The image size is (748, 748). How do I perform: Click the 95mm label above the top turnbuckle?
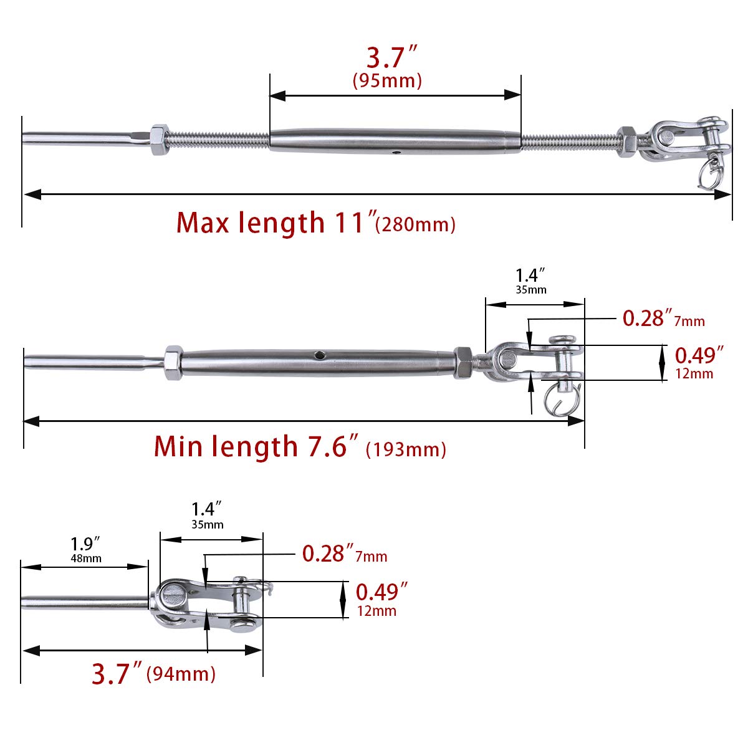click(x=387, y=81)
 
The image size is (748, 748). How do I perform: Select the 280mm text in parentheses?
click(x=416, y=224)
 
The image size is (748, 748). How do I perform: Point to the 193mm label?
click(x=406, y=449)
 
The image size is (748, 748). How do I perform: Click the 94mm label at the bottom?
click(x=181, y=674)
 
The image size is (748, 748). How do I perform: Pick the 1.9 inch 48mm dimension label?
click(x=86, y=549)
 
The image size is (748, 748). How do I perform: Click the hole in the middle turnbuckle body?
click(x=319, y=355)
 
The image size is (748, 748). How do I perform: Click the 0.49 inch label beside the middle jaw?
click(x=699, y=355)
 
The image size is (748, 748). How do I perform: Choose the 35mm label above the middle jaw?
click(x=531, y=290)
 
